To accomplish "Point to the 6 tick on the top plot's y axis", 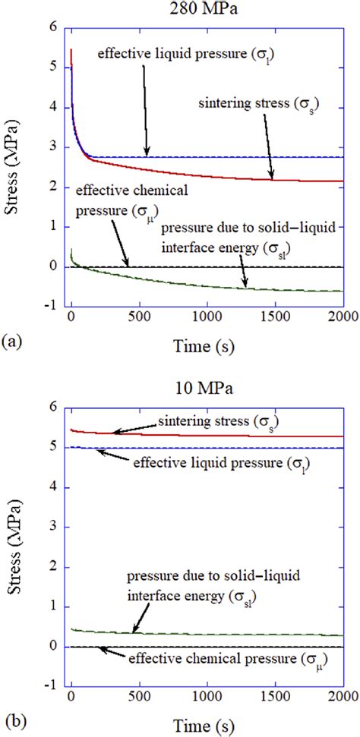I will tap(55, 27).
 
